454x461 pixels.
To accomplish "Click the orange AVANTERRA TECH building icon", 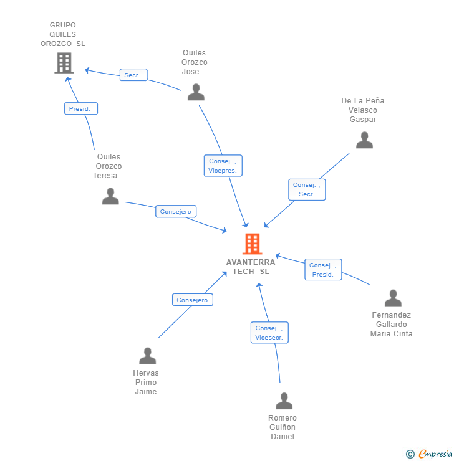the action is point(252,244).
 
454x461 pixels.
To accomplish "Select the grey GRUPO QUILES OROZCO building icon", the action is point(64,63).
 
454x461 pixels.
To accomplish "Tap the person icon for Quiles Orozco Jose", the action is point(196,92).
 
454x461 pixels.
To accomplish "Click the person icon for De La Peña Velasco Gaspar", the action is point(364,140).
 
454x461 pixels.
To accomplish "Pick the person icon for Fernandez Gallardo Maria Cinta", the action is point(393,298).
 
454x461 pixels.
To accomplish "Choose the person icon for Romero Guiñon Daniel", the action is point(284,401).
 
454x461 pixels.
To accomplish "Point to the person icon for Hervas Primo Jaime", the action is point(147,356).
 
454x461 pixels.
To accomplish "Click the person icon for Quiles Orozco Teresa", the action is point(110,196).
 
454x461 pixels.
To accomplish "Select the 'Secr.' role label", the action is point(133,75).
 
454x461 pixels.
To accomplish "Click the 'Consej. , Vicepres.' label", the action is point(223,166).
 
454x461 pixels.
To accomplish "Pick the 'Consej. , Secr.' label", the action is point(307,189).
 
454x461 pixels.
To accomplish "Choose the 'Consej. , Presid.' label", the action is point(323,270).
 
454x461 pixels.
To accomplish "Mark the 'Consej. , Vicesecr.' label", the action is point(269,333).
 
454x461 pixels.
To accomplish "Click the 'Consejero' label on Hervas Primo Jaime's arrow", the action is point(192,300).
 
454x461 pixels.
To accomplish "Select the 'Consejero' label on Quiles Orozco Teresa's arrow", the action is point(176,211).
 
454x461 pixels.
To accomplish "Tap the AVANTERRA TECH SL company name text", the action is point(251,267).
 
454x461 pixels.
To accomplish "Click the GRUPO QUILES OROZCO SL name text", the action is point(63,34).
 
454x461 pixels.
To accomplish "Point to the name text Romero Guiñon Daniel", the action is point(283,427).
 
